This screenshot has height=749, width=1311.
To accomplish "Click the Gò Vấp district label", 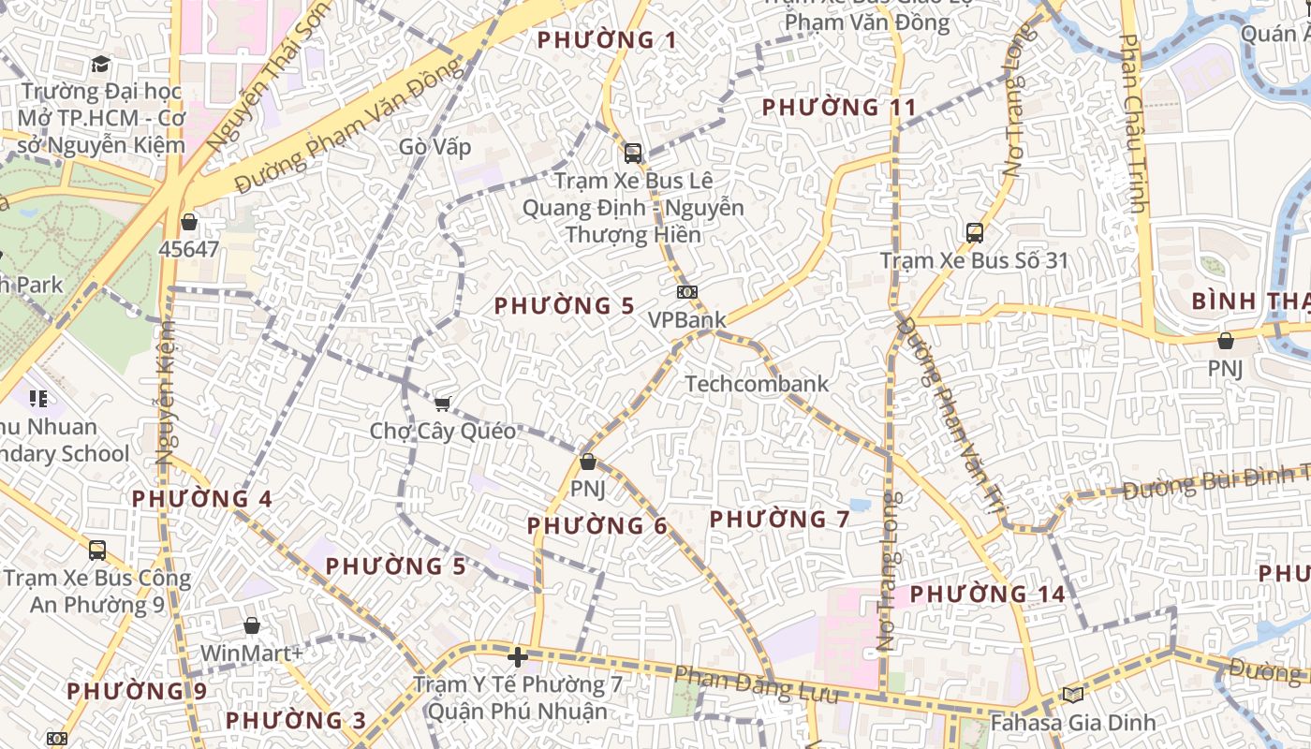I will [x=435, y=147].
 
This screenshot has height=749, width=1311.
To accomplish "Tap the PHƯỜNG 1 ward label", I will [x=607, y=40].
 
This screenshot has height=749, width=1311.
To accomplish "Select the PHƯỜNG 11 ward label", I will [x=839, y=107].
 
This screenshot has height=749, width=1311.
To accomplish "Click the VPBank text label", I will [x=687, y=319].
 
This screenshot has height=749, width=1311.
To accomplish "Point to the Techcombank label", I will [x=757, y=383].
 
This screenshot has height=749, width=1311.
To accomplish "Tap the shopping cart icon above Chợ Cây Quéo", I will [x=442, y=404].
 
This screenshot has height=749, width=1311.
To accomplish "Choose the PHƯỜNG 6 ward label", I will [x=597, y=526].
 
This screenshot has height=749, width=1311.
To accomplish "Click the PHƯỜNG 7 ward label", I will [x=779, y=519].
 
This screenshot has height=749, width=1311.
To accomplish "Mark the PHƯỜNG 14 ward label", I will [x=987, y=594].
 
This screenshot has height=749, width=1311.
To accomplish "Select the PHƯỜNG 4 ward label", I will [x=202, y=499].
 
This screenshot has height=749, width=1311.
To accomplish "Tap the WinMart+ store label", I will [x=252, y=653].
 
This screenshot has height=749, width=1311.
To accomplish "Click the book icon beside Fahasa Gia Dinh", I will [x=1072, y=695].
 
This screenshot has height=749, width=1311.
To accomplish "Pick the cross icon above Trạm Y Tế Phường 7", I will [x=517, y=656].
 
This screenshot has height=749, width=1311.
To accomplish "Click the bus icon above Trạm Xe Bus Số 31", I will [x=974, y=232].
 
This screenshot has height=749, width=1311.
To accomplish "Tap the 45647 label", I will [x=189, y=249].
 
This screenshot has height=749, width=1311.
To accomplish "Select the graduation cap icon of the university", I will [x=100, y=64].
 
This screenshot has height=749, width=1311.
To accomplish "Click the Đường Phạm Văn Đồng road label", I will [x=350, y=125].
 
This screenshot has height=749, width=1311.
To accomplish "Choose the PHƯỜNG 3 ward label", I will [x=296, y=721].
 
